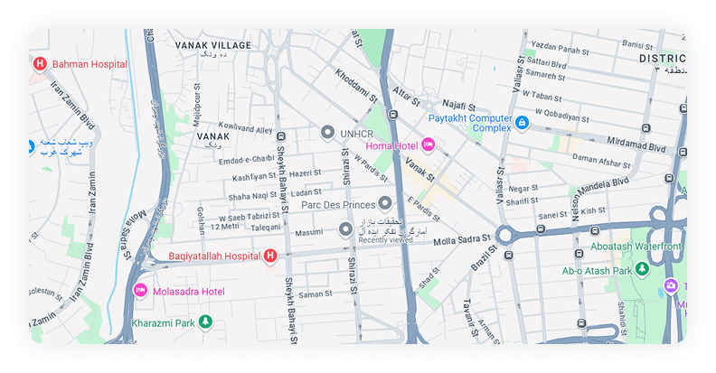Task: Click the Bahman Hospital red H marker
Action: pyautogui.click(x=40, y=64)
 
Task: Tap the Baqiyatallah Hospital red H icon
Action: pyautogui.click(x=268, y=257)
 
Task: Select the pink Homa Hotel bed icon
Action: pyautogui.click(x=429, y=145)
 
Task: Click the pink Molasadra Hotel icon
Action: pyautogui.click(x=140, y=291)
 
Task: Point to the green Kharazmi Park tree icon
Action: pyautogui.click(x=205, y=322)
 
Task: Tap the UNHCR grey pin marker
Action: pyautogui.click(x=327, y=133)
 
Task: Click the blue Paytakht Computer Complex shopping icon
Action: pyautogui.click(x=523, y=122)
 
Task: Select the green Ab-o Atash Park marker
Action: pyautogui.click(x=641, y=269)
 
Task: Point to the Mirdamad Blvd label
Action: pyautogui.click(x=635, y=145)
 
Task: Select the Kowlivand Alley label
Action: pyautogui.click(x=246, y=129)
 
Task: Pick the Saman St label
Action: pyautogui.click(x=316, y=294)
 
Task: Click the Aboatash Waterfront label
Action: pyautogui.click(x=648, y=246)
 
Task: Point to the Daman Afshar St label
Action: pyautogui.click(x=601, y=163)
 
